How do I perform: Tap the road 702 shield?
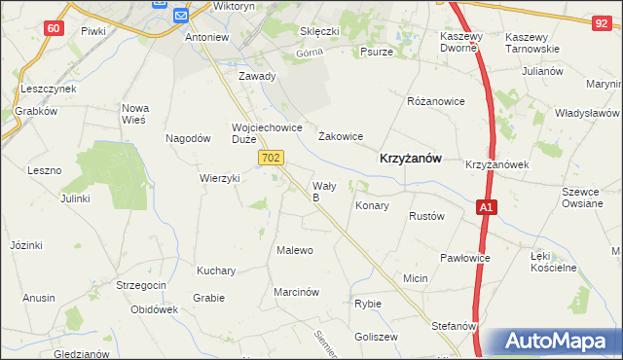point(273,157)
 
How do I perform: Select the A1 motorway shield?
point(487,206)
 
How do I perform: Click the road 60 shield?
point(55,28)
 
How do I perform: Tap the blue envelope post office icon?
point(181,15)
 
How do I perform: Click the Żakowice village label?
point(341,137)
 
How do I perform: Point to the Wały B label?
point(323,191)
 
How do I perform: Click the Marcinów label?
point(297,291)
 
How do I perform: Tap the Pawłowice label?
point(464,258)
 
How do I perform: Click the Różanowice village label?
point(435,100)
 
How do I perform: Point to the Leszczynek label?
point(48,89)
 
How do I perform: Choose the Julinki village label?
point(75,198)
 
